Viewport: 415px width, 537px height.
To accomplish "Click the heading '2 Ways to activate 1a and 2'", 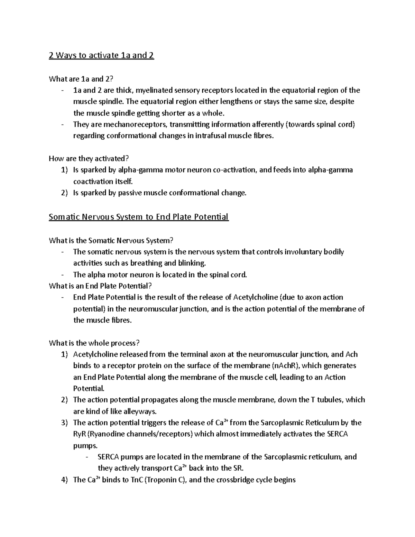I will [x=101, y=55].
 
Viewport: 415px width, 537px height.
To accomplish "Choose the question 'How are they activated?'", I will [x=89, y=159].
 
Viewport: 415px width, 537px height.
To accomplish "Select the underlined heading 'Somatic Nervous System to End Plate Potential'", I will [x=139, y=217].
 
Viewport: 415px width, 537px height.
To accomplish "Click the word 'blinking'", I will [x=192, y=263].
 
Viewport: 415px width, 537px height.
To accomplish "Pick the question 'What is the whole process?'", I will [x=94, y=343].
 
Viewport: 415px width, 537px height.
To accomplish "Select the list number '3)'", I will [x=64, y=423].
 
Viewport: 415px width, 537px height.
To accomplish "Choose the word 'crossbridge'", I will [x=236, y=480].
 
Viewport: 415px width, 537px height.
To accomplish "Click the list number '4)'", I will [x=64, y=480].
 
